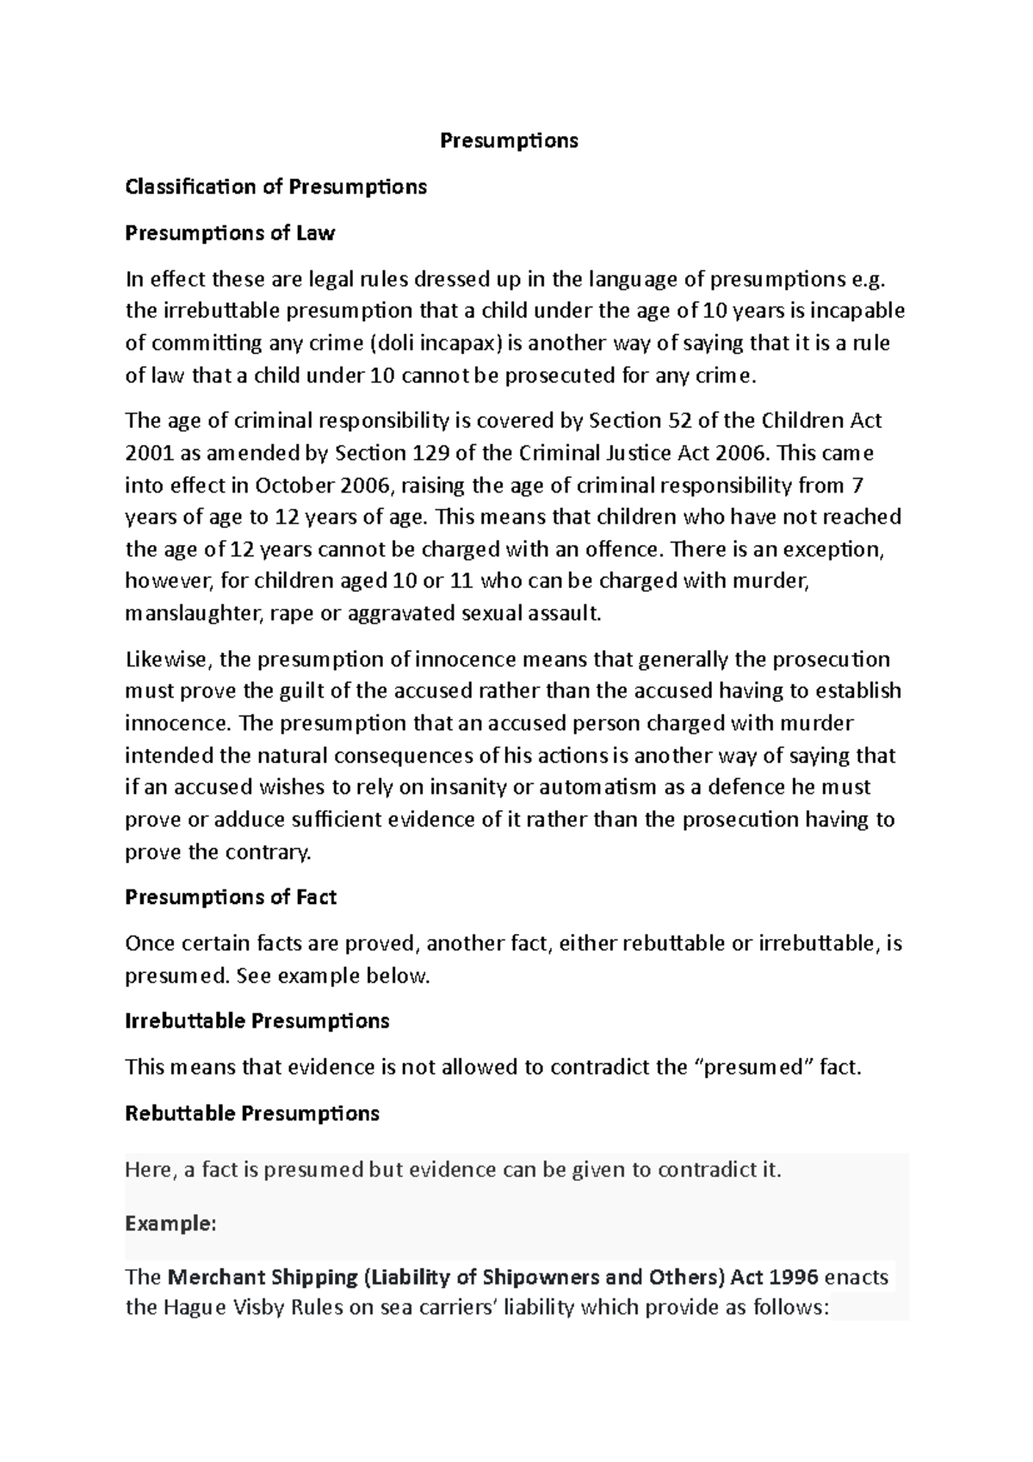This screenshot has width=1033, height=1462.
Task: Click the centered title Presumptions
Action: [x=509, y=140]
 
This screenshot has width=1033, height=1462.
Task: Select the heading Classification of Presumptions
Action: [x=275, y=187]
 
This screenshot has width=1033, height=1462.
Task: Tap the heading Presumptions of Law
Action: [x=230, y=233]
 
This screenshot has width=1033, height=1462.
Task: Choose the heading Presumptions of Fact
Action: [x=231, y=897]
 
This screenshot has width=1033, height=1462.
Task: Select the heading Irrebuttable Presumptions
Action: [x=257, y=1021]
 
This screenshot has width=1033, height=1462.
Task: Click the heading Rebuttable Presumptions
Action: [x=252, y=1113]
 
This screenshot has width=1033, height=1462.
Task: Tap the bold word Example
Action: [x=169, y=1223]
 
